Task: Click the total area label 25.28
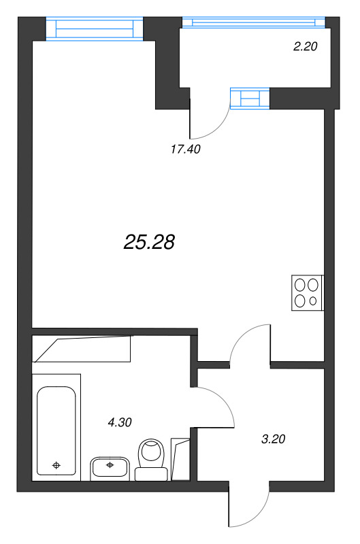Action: tap(150, 241)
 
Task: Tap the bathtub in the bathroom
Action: tap(56, 431)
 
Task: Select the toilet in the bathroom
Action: tap(151, 457)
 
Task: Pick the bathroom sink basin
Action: tap(109, 468)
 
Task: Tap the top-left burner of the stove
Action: tap(300, 286)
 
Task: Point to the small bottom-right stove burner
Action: tap(313, 301)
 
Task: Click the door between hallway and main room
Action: tap(250, 343)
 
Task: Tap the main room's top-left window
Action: tap(95, 28)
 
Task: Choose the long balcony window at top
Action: tap(259, 22)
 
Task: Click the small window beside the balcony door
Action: tap(250, 99)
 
